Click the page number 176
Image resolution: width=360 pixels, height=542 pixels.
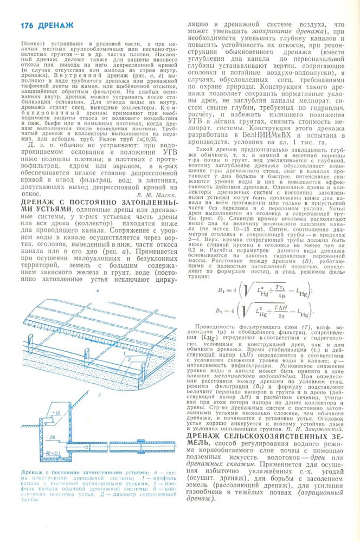click(x=27, y=25)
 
